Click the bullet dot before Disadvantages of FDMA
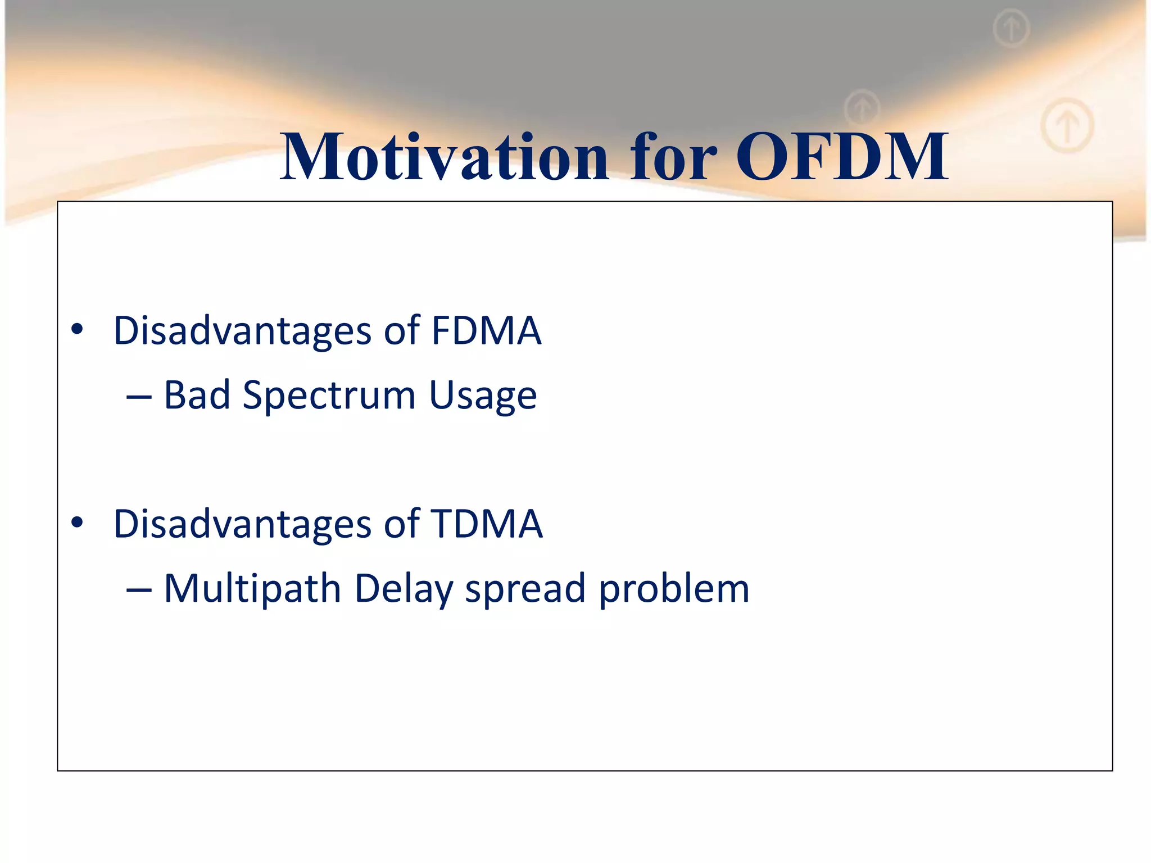click(x=78, y=330)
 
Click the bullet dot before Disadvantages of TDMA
click(x=78, y=523)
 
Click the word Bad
click(x=197, y=394)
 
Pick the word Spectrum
click(x=329, y=396)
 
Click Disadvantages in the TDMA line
click(x=242, y=524)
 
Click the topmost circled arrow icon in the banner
click(x=1011, y=28)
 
